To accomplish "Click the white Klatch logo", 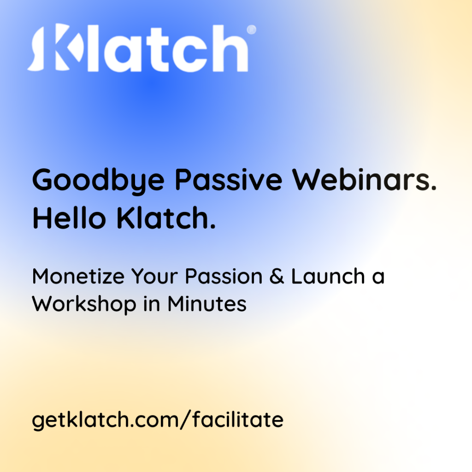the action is click(142, 48).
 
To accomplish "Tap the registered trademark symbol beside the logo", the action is click(251, 29).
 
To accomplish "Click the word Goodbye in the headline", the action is click(99, 181).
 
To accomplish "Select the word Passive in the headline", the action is click(229, 180).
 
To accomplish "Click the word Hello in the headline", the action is click(69, 218).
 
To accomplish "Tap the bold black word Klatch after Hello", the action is click(163, 218).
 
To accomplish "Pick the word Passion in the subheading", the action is click(224, 277).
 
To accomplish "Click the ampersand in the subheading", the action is click(277, 277).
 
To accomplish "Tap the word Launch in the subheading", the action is click(328, 276).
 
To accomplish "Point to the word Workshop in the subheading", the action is click(84, 305).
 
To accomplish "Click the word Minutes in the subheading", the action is click(207, 304).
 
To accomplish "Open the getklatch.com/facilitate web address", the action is click(158, 420).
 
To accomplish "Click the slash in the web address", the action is click(186, 420).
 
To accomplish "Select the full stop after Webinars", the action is click(433, 188).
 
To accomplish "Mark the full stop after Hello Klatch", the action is click(213, 226).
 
